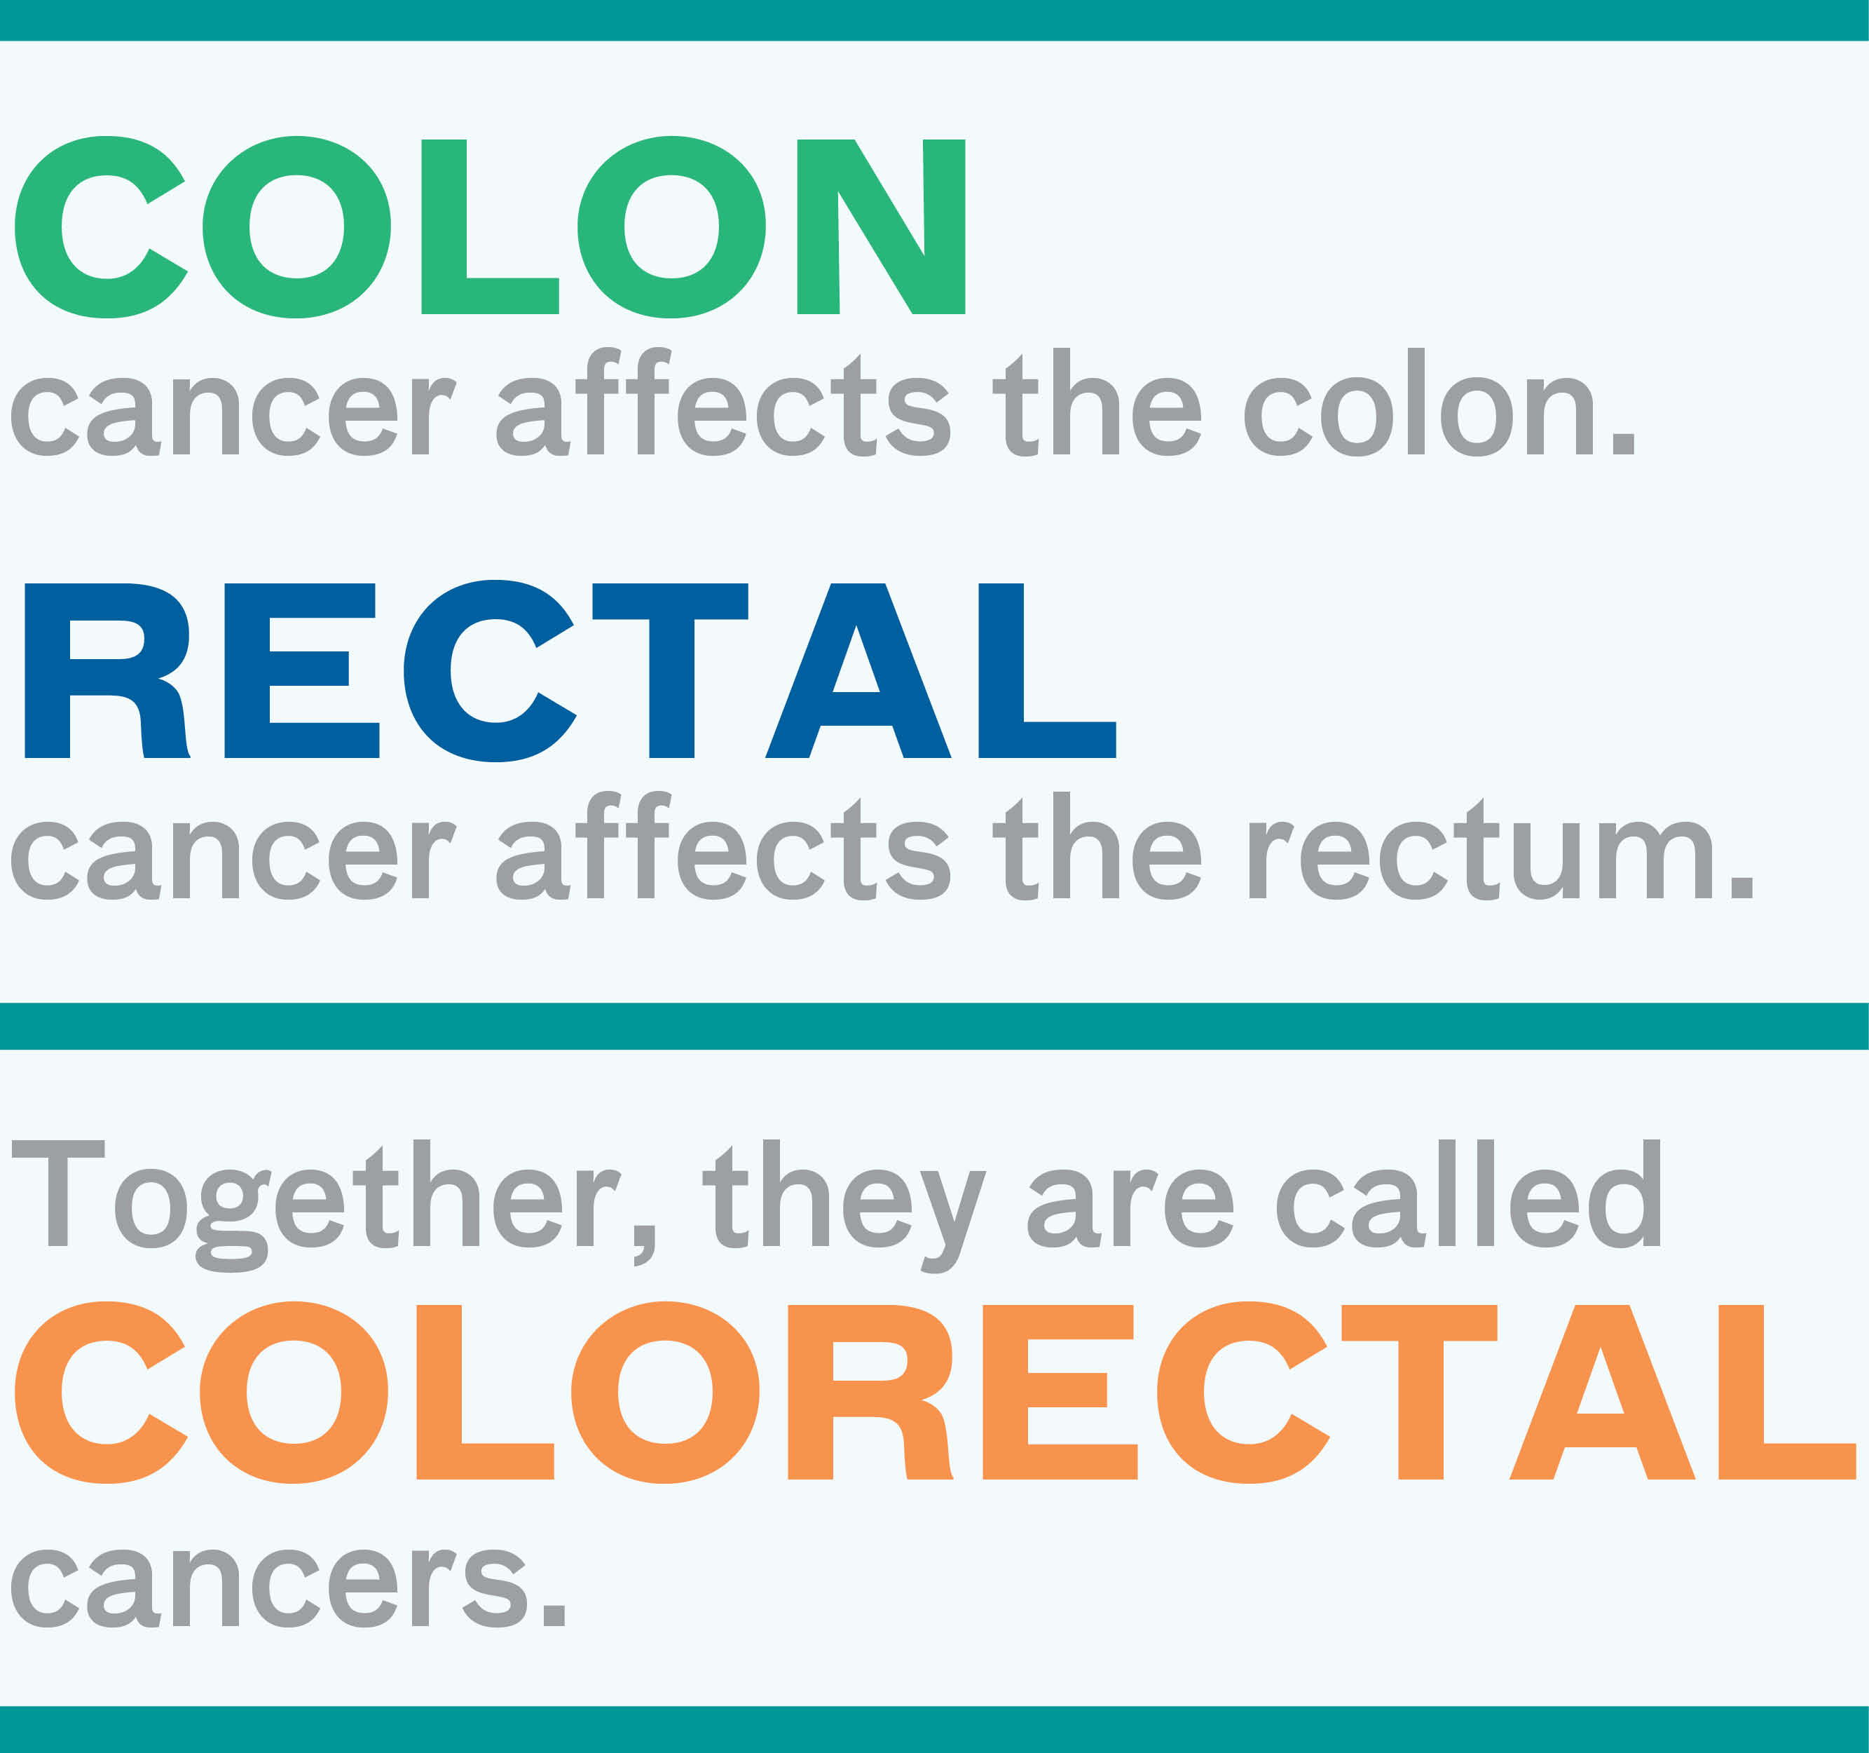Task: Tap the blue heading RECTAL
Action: click(570, 670)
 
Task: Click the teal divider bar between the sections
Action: click(935, 1026)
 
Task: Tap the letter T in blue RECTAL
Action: click(671, 670)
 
